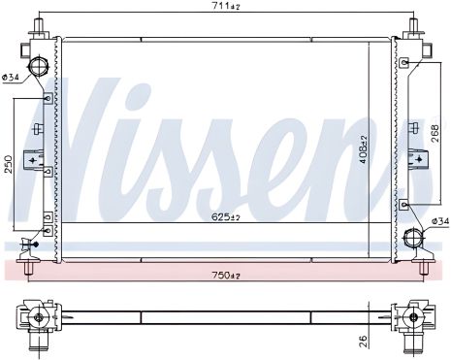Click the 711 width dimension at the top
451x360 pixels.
tap(231, 6)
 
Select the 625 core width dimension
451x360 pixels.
tap(226, 216)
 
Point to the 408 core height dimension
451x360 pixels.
tap(364, 149)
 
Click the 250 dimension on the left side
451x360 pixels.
tap(8, 164)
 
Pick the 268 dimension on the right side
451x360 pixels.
tap(435, 133)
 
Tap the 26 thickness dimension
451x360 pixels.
tap(364, 342)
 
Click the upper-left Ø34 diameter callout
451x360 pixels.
tap(11, 77)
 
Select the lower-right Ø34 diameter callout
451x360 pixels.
tap(440, 221)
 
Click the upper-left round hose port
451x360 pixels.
tap(39, 66)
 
